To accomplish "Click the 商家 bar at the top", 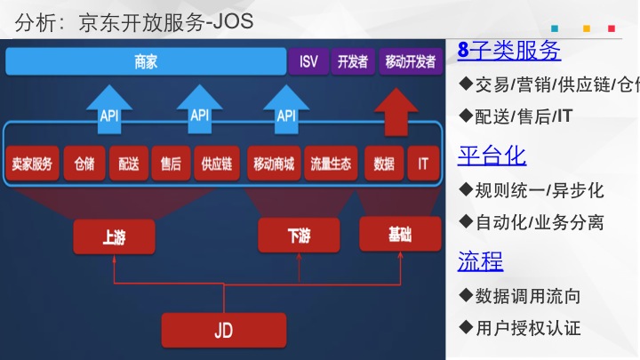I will (145, 62).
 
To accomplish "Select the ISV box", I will (308, 62).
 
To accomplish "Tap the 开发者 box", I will (353, 62).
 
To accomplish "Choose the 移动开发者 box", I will (411, 62).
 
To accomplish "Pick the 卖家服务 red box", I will (32, 164).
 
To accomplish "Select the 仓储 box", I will (84, 164).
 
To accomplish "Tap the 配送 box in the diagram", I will (128, 164).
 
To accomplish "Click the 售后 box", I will (171, 164).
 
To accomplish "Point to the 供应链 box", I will (216, 164).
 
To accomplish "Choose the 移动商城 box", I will (273, 164).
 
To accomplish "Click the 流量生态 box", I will (331, 164).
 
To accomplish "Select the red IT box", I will (423, 164).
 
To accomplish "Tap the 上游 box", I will (114, 236).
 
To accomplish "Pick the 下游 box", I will (299, 236).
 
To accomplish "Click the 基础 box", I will (400, 233).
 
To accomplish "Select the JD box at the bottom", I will (223, 331).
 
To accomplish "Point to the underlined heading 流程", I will (480, 260).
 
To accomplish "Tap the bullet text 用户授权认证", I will (528, 328).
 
